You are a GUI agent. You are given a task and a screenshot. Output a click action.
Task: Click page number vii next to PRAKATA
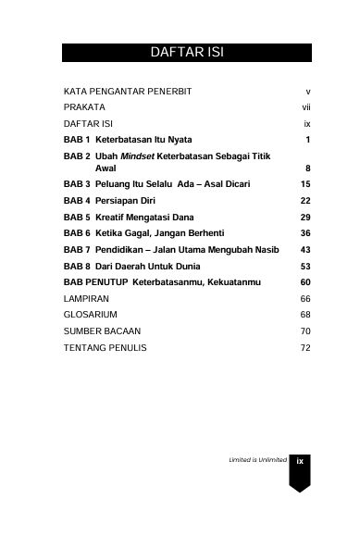coord(304,107)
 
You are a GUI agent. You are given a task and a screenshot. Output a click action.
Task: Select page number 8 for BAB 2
coord(306,169)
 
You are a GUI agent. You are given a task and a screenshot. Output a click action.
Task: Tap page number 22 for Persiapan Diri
coord(304,200)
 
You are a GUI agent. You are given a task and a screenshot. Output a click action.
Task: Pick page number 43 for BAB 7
coord(304,250)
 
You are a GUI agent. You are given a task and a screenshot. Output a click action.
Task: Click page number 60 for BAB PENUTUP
coord(304,281)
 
